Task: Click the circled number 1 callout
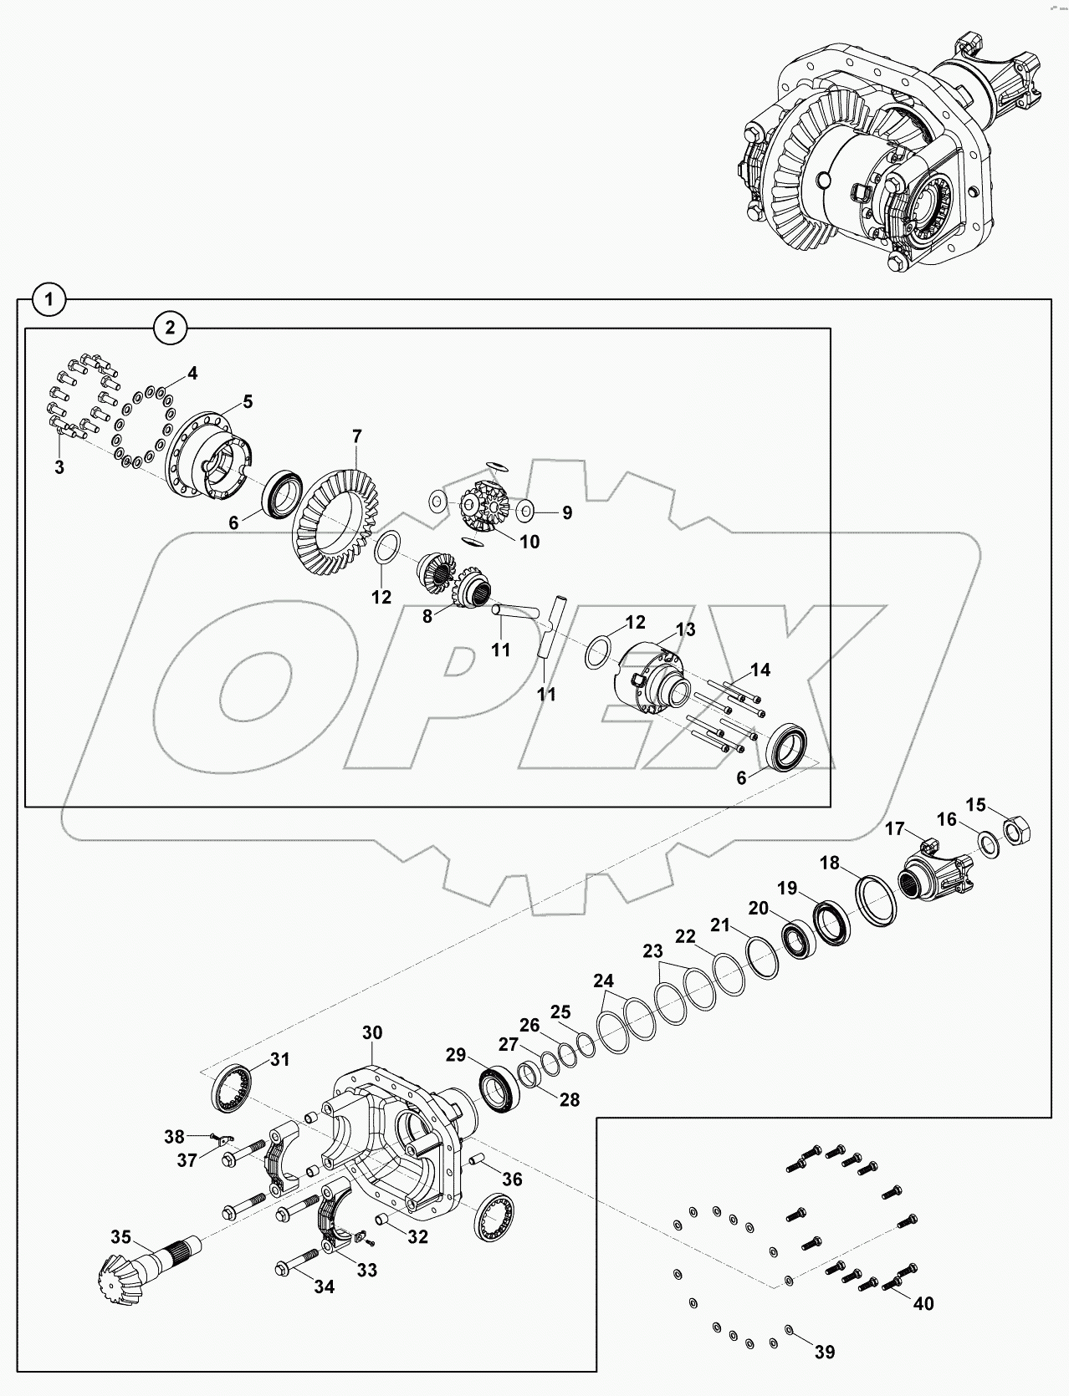[x=50, y=299]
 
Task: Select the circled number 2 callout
[x=171, y=328]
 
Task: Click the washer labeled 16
[x=988, y=843]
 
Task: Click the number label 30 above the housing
[x=372, y=1033]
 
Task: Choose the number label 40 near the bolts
[x=923, y=1302]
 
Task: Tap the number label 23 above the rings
[x=652, y=951]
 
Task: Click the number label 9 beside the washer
[x=566, y=512]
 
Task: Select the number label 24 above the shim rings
[x=603, y=980]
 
